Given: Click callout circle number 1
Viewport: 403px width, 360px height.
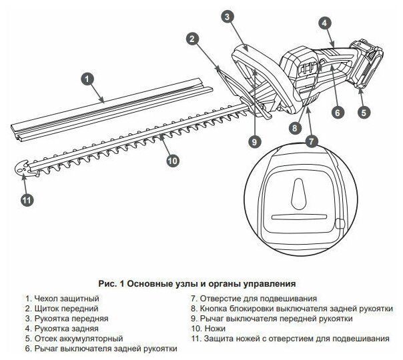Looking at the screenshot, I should (86, 79).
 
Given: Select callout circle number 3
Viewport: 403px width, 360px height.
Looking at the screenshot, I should (227, 17).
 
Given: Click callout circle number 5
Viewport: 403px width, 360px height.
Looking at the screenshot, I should (363, 112).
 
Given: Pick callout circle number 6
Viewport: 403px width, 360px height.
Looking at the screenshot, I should (338, 112).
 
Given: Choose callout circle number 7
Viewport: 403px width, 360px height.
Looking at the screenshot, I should (312, 141).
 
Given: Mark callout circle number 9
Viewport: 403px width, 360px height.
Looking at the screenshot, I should (254, 141).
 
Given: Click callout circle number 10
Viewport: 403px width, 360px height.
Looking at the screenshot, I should (172, 160).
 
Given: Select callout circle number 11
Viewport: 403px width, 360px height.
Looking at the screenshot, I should (26, 198).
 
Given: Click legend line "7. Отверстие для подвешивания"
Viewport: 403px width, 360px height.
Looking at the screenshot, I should (253, 298).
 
